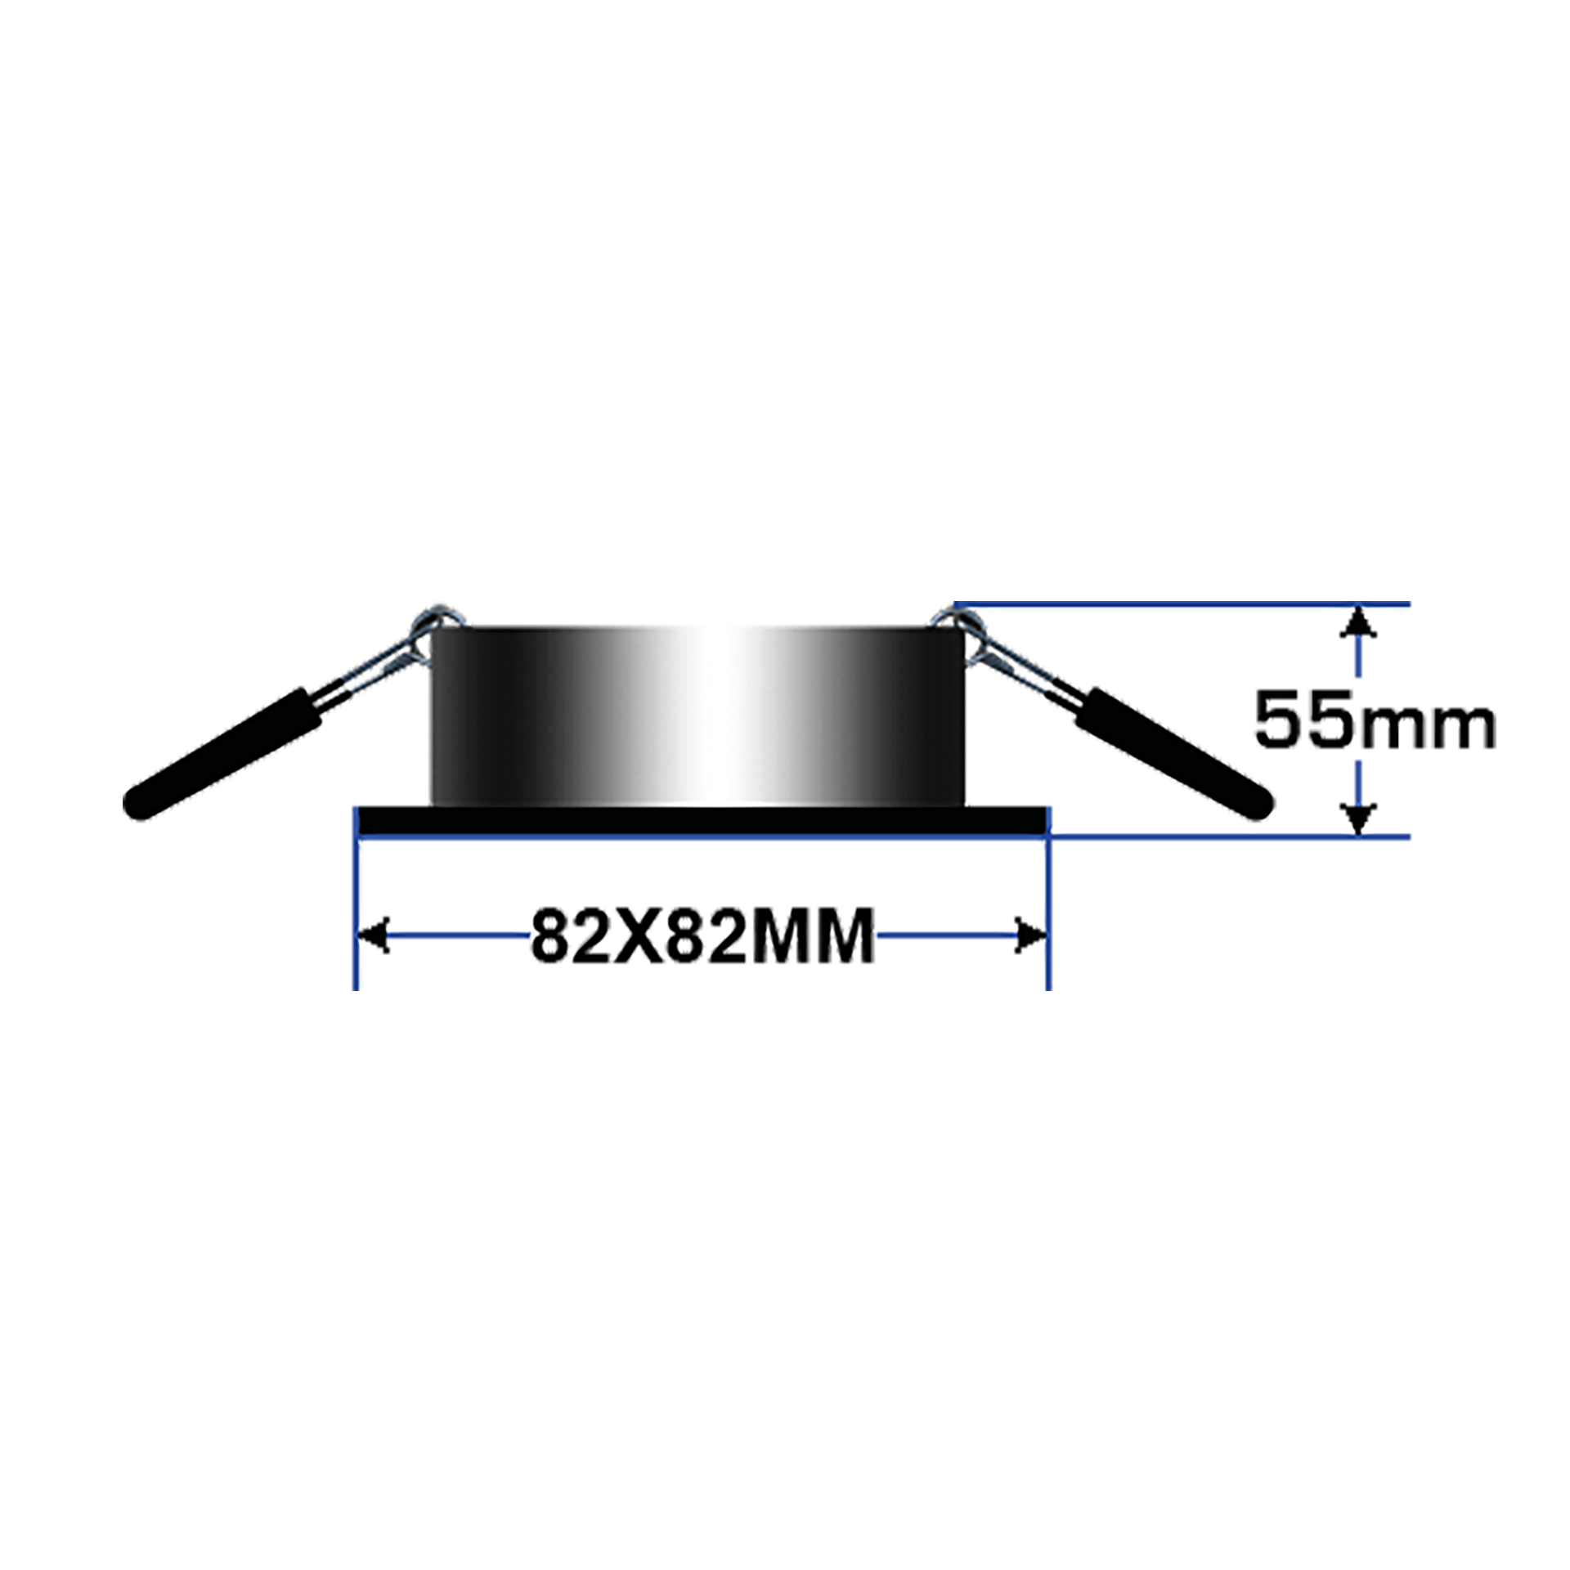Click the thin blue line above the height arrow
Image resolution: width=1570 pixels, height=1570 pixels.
click(x=1227, y=604)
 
